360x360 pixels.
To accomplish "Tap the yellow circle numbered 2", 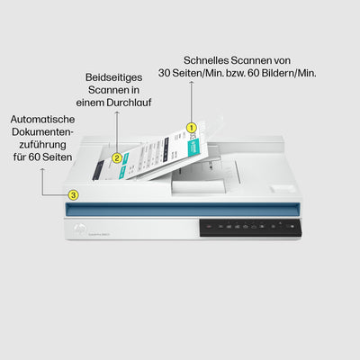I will pyautogui.click(x=116, y=157).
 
